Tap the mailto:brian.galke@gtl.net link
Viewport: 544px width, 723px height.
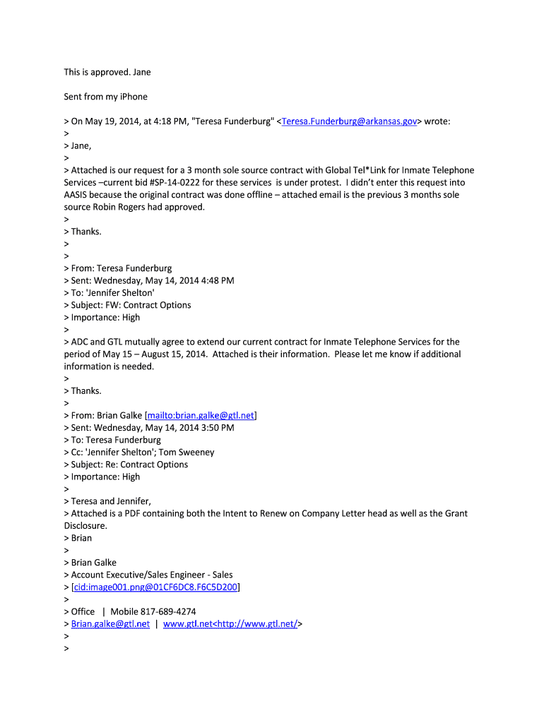coord(201,415)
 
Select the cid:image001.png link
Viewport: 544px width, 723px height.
coord(155,587)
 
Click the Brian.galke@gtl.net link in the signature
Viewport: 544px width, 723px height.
coord(110,624)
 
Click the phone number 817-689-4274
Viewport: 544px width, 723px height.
coord(168,611)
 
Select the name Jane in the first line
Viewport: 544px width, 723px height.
coord(141,72)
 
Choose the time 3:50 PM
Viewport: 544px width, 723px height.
coord(215,428)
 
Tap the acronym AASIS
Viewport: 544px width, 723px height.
coord(78,195)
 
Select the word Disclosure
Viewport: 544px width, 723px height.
coord(85,526)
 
